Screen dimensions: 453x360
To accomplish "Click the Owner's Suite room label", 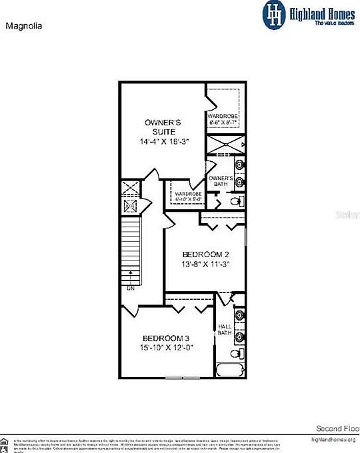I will coord(163,127).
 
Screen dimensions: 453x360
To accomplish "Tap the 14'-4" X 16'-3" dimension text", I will coord(163,142).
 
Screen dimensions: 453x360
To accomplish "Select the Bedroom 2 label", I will coord(206,254).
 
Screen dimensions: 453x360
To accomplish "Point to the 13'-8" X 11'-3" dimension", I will coord(206,264).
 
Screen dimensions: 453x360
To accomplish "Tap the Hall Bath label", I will coord(225,330).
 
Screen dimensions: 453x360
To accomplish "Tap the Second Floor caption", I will coord(337,428).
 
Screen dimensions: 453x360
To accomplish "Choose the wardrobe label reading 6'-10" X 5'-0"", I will coord(188,197).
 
